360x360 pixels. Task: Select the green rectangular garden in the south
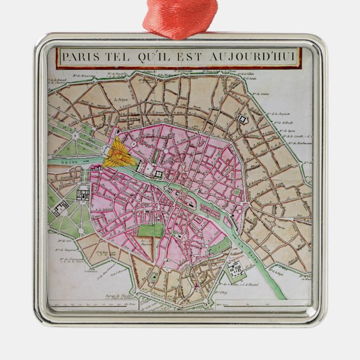(151, 229)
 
